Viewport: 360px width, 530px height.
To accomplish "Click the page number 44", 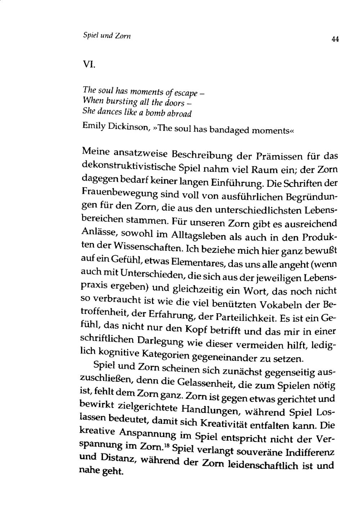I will point(336,40).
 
